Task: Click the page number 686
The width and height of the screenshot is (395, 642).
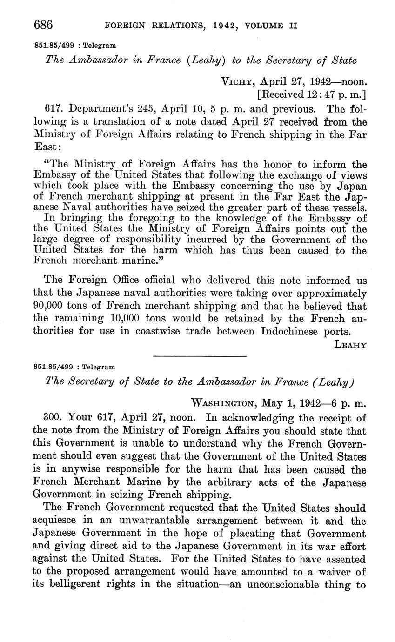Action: point(44,25)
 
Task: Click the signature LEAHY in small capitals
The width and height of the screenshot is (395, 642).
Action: point(350,345)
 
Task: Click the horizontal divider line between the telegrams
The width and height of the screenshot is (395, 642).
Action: point(199,357)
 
